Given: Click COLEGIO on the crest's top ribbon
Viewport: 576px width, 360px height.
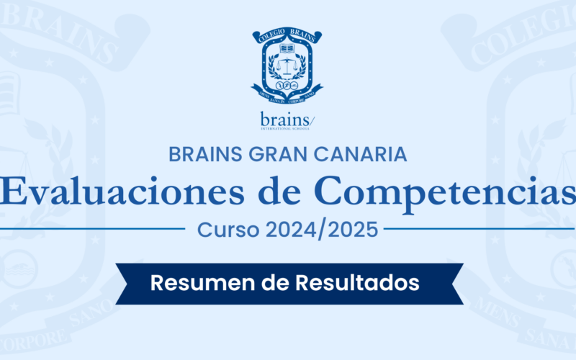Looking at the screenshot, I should point(270,35).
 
